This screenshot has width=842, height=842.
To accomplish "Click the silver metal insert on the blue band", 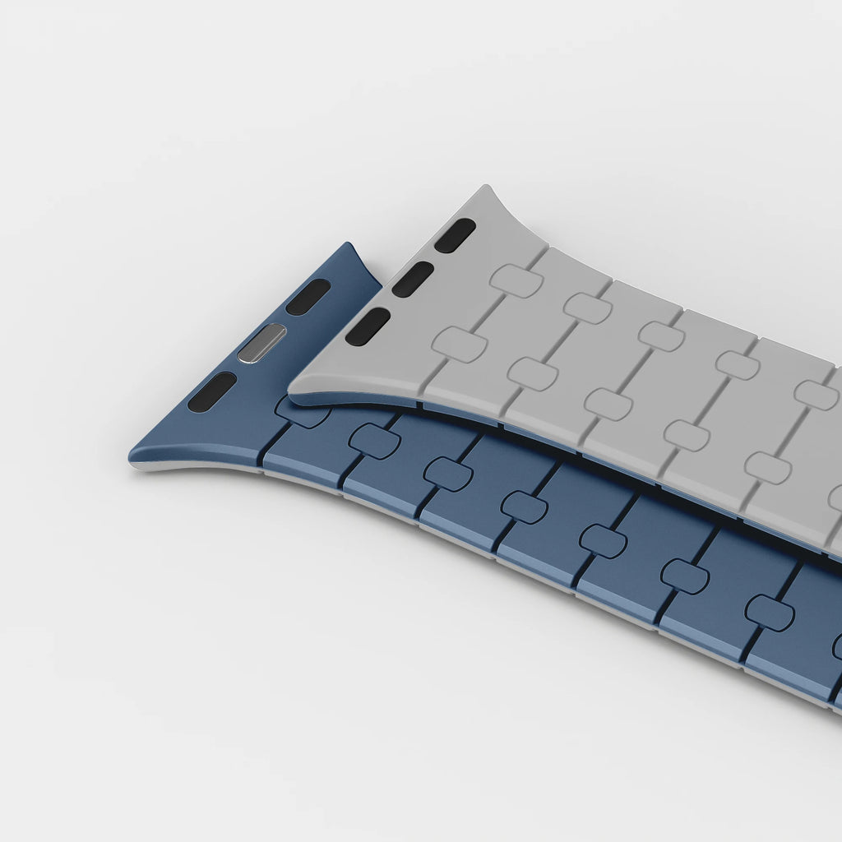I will click(x=261, y=343).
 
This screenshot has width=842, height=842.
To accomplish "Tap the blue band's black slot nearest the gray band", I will click(x=308, y=297).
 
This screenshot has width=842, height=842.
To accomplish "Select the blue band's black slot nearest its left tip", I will click(x=212, y=392).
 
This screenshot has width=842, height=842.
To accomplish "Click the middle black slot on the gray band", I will click(x=413, y=280).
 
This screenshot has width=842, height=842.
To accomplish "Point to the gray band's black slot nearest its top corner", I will click(x=456, y=235).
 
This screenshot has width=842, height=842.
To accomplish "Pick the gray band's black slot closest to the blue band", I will click(x=368, y=326).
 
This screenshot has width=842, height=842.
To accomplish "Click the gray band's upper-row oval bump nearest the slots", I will click(x=516, y=280).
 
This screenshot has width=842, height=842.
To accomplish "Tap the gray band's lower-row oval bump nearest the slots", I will click(x=460, y=345).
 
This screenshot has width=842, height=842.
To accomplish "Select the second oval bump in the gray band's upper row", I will click(x=588, y=308).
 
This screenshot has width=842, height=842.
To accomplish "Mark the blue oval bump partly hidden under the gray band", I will click(x=303, y=413).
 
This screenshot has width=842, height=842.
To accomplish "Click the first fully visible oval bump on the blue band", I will click(x=375, y=442).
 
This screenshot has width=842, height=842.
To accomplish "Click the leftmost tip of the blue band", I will click(x=132, y=457).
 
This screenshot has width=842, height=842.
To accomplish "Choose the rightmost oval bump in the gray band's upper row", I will click(x=816, y=395).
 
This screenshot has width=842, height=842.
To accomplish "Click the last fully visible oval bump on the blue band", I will click(x=770, y=613).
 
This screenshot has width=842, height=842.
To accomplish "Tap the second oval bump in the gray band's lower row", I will click(x=533, y=374).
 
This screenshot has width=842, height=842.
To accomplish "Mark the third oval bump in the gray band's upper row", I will click(x=662, y=336).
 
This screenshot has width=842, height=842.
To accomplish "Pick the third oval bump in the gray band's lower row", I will click(x=608, y=405).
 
